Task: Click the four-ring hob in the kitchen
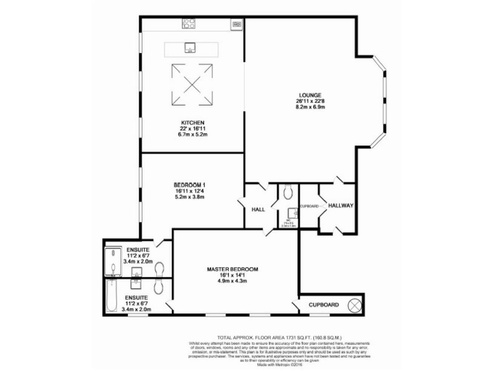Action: [x=188, y=24]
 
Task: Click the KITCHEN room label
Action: [x=192, y=122]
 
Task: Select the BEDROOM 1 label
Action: [x=192, y=185]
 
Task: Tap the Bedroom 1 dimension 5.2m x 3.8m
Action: [x=192, y=197]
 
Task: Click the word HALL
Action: [x=258, y=209]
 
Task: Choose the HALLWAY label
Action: [x=341, y=205]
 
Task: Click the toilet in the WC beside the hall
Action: [x=288, y=191]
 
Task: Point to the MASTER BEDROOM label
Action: [x=232, y=269]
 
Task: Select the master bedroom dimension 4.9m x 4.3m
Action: [x=232, y=281]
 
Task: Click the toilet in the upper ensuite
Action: [x=160, y=264]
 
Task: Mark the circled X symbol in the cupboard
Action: [x=352, y=305]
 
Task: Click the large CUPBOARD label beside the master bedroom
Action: [x=324, y=305]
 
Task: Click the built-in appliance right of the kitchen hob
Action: [x=235, y=24]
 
